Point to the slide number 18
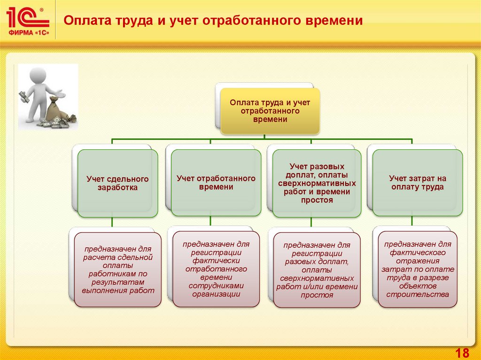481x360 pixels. click(x=462, y=353)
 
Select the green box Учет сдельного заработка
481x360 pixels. click(x=117, y=183)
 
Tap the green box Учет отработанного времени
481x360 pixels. click(x=216, y=183)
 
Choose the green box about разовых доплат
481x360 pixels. click(x=317, y=183)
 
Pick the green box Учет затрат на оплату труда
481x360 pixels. click(x=418, y=183)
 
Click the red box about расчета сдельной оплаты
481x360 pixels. click(x=118, y=270)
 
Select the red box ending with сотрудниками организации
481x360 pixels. click(x=216, y=269)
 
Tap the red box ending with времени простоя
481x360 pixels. click(x=317, y=270)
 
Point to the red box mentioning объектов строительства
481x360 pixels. click(x=418, y=269)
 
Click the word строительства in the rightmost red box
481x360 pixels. click(x=418, y=295)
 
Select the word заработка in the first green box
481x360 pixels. click(x=117, y=187)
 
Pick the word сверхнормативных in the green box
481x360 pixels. click(x=317, y=184)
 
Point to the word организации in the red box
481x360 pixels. click(x=216, y=294)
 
